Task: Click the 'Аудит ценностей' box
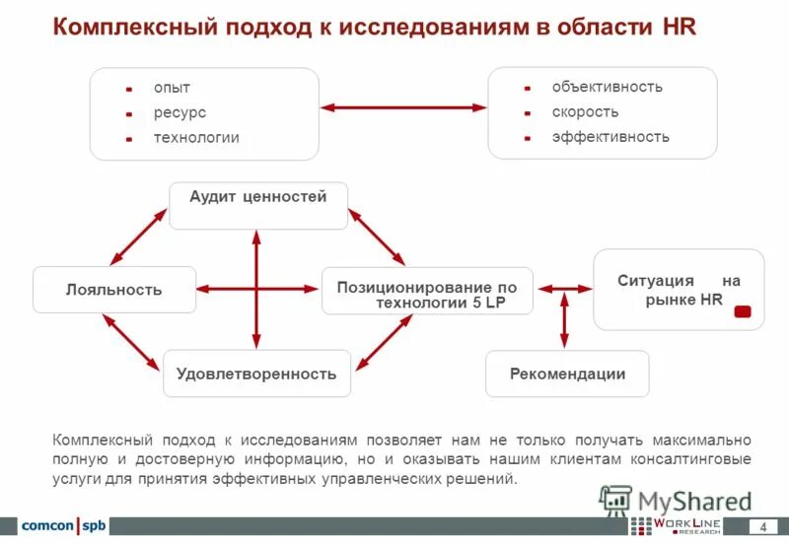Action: tap(258, 205)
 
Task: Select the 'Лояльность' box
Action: tap(114, 290)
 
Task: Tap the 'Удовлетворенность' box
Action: tap(256, 374)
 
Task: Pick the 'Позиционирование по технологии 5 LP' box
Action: tap(427, 291)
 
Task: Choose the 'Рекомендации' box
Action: tap(567, 374)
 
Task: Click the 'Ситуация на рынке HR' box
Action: tap(678, 290)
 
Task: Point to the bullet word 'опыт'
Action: tap(171, 88)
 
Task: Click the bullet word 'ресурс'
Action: tap(179, 112)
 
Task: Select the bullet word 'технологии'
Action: tap(195, 137)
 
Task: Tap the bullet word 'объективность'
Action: tap(607, 87)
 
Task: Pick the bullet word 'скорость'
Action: tap(585, 111)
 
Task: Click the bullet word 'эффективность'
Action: tap(610, 137)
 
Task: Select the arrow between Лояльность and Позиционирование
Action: tap(259, 289)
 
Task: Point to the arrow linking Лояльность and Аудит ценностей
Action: tap(138, 237)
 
